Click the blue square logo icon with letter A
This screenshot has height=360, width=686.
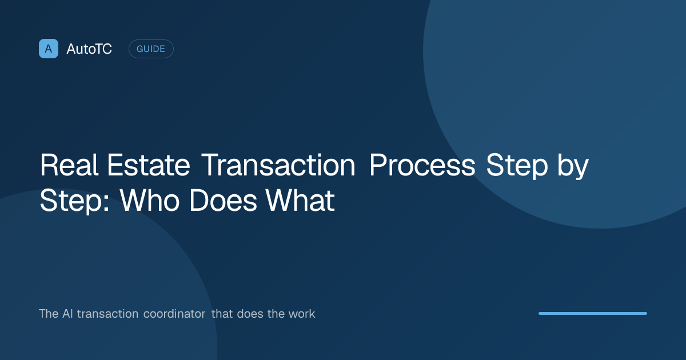(49, 49)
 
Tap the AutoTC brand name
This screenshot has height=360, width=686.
(89, 49)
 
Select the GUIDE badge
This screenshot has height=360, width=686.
(151, 49)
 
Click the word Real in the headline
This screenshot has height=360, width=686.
(69, 165)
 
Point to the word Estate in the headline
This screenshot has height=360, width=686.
(149, 165)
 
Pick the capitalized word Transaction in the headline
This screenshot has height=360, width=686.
(278, 165)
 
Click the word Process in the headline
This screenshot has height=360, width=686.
(422, 165)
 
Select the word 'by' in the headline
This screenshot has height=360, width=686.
(573, 166)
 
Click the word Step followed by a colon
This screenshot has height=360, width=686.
(75, 201)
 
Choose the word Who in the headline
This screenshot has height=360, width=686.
(149, 200)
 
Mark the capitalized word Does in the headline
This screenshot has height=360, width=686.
(223, 200)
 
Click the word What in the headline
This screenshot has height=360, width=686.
(300, 200)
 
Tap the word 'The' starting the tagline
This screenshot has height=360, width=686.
(49, 314)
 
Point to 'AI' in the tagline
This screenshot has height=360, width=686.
(67, 314)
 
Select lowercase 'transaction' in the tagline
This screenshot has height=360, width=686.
(107, 314)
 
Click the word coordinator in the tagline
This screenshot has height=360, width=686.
(174, 314)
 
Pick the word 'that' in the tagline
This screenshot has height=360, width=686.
(222, 314)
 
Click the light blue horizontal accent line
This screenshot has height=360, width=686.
(593, 314)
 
